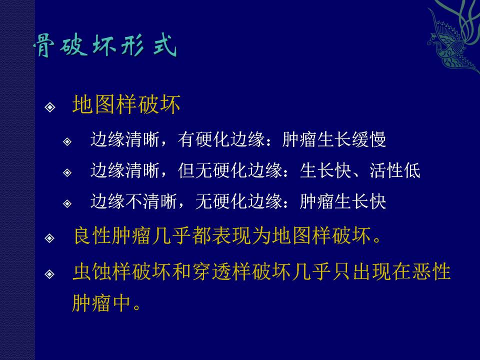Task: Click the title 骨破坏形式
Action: pyautogui.click(x=105, y=46)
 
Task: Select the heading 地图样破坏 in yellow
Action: pyautogui.click(x=126, y=104)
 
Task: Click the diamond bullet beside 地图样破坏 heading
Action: pyautogui.click(x=50, y=107)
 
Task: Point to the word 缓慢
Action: pyautogui.click(x=369, y=139)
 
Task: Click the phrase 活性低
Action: pyautogui.click(x=395, y=170)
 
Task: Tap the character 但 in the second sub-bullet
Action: pyautogui.click(x=186, y=170)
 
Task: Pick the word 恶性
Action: pyautogui.click(x=431, y=271)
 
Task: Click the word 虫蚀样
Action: pyautogui.click(x=102, y=271)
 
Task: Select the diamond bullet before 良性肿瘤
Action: pyautogui.click(x=49, y=238)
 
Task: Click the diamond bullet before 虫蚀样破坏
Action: pyautogui.click(x=49, y=274)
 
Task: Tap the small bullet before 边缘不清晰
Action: pyautogui.click(x=67, y=203)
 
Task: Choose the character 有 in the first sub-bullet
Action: pyautogui.click(x=186, y=139)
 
